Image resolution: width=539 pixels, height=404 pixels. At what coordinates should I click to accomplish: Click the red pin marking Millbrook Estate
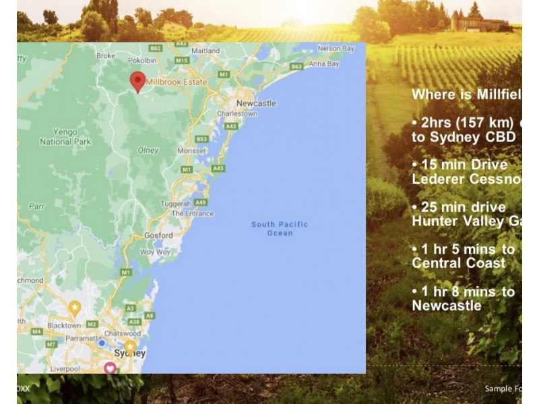[137, 81]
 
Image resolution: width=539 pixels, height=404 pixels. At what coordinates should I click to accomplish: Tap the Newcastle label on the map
[256, 103]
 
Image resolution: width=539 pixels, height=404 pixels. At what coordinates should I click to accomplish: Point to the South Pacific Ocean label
[280, 228]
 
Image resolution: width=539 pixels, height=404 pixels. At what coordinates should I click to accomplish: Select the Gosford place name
[158, 236]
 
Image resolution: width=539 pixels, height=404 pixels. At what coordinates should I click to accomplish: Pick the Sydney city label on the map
[130, 353]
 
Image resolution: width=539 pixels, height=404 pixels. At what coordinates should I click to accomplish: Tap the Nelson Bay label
[336, 48]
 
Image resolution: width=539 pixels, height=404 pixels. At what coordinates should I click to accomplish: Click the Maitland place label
[205, 51]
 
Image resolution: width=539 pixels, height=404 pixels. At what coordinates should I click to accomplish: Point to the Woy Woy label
[155, 252]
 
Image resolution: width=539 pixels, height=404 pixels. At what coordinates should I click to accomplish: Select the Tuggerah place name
[177, 203]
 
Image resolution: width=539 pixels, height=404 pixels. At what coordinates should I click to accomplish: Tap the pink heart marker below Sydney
[110, 368]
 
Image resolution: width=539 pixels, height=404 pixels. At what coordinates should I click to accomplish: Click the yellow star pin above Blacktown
[75, 308]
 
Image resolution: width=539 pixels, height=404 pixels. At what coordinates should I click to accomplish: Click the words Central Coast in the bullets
[458, 263]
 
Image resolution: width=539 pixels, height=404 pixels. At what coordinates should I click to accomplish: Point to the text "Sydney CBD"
[464, 137]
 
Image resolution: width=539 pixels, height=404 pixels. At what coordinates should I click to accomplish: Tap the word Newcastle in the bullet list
[447, 306]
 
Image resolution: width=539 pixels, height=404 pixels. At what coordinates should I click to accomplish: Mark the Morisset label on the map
[192, 151]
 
